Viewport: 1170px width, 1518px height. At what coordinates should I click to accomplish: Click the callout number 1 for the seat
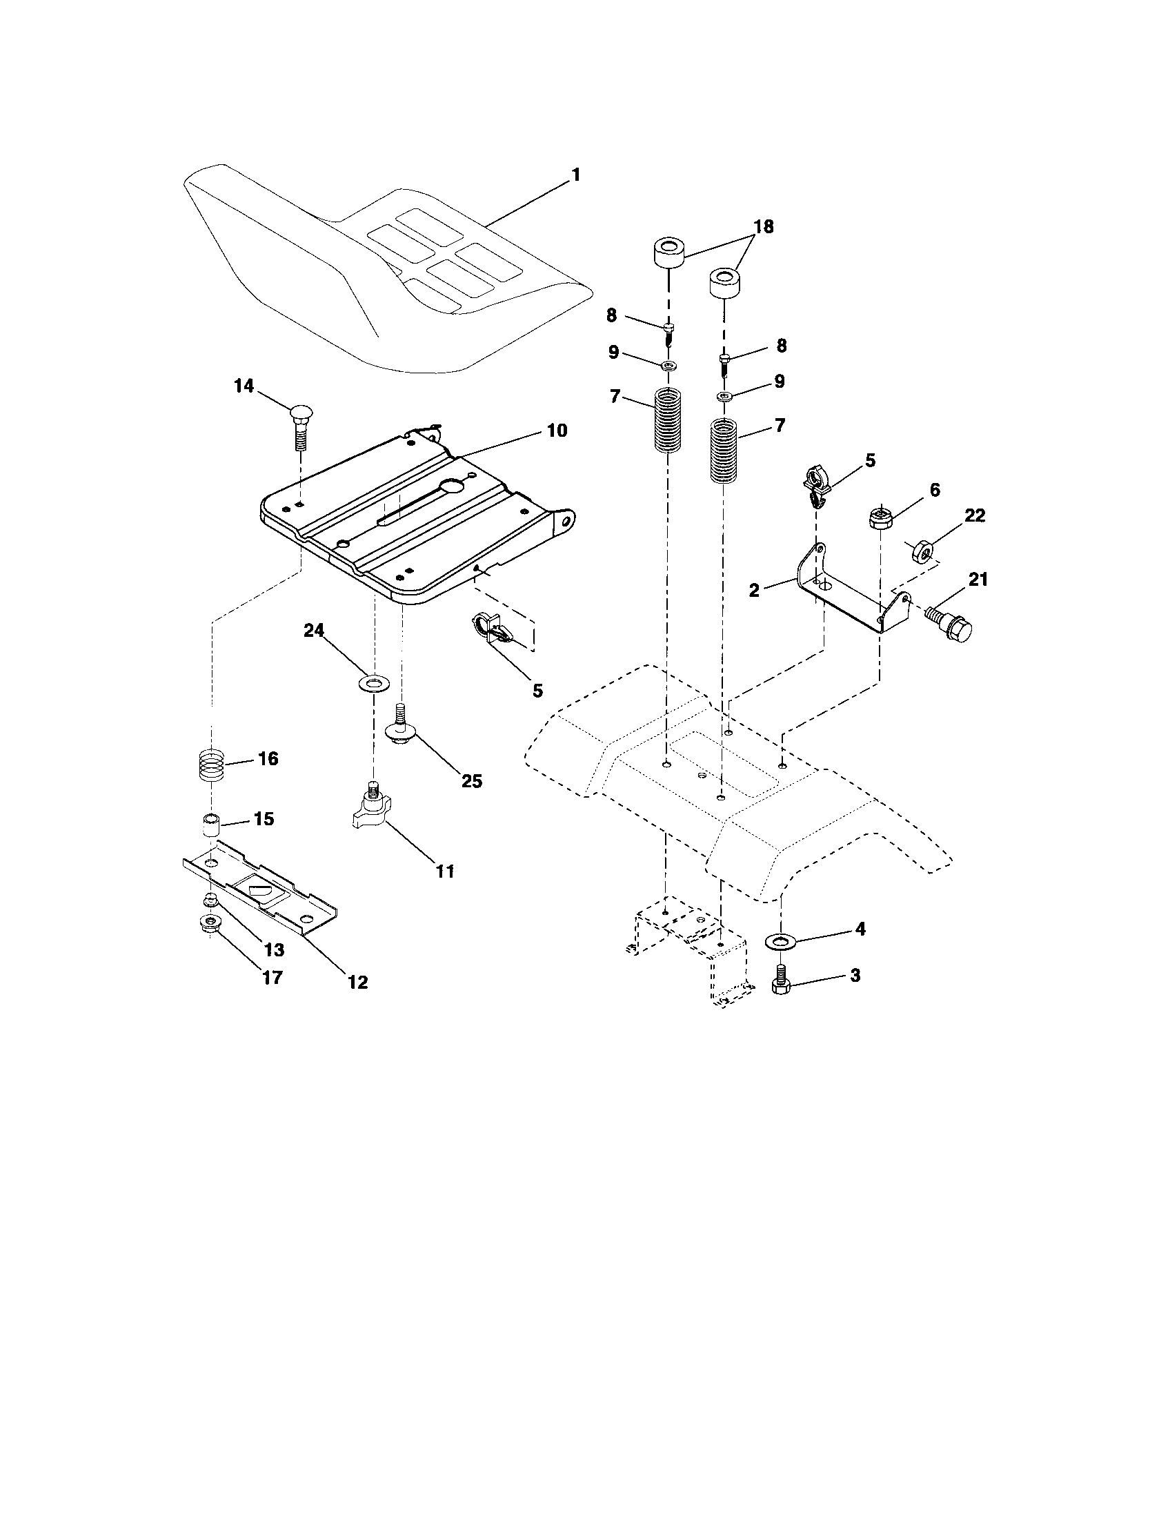tap(575, 175)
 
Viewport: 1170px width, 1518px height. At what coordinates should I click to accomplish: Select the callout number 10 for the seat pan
tap(557, 431)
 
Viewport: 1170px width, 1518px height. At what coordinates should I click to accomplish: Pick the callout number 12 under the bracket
tap(357, 981)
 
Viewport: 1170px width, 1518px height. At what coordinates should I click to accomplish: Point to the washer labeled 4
tap(781, 942)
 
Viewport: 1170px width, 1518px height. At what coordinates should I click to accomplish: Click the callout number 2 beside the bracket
tap(754, 590)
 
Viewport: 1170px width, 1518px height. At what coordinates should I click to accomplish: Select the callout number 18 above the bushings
tap(762, 227)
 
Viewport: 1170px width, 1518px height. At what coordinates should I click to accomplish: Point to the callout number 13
tap(274, 949)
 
